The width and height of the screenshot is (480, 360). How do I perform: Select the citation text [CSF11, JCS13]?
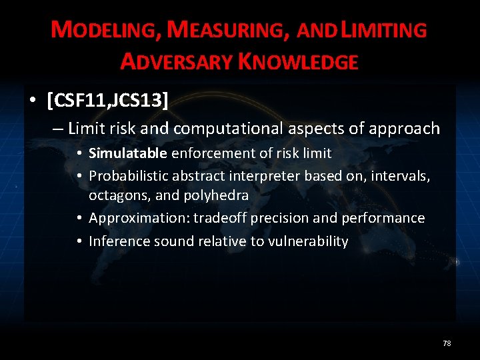(107, 101)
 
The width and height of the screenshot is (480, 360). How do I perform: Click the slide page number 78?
(447, 343)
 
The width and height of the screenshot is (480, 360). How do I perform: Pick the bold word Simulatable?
(128, 153)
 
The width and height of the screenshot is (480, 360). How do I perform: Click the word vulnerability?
(307, 241)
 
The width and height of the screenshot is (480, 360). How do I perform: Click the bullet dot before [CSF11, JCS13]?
(32, 101)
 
